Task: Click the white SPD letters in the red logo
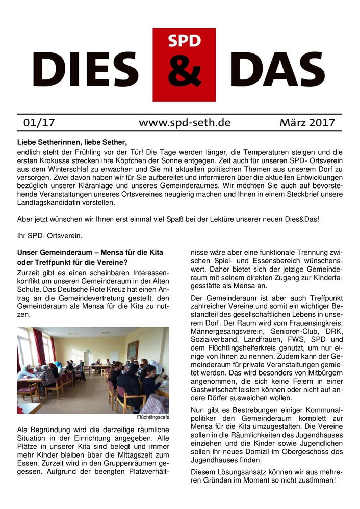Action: (184, 41)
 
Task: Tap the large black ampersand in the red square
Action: (184, 72)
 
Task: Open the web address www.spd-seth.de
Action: (184, 123)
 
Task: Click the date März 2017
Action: (307, 123)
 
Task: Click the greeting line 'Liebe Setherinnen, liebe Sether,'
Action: (72, 142)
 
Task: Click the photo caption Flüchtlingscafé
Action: (153, 417)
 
